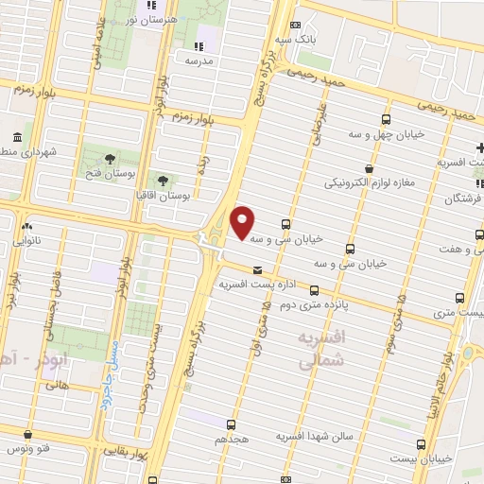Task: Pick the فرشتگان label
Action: [462, 199]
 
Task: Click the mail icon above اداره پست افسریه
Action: [257, 270]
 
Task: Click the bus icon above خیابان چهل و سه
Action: [386, 119]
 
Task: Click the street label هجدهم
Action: [232, 441]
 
